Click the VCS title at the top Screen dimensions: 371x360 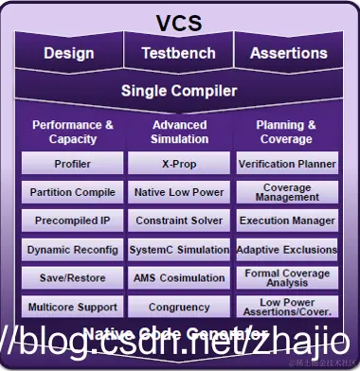coord(178,23)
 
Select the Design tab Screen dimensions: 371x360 coord(69,54)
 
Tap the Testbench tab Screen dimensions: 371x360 coord(178,54)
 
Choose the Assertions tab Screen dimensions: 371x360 coord(288,54)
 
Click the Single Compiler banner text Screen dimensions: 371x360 coord(178,92)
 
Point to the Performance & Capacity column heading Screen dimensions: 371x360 coord(72,132)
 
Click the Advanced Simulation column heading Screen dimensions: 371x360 coord(179,132)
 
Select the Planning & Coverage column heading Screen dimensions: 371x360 coord(285,132)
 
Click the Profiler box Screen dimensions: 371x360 coord(72,164)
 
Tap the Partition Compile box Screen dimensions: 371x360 coord(72,192)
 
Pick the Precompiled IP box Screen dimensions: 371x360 coord(72,221)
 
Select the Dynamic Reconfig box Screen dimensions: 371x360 coord(72,250)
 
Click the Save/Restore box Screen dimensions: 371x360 coord(72,278)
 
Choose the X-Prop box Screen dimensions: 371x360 coord(179,164)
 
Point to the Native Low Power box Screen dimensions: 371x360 coord(179,192)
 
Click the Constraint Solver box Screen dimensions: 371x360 coord(179,221)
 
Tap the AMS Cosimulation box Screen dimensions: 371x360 coord(179,278)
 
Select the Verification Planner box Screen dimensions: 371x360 coord(286,164)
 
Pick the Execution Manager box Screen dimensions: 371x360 coord(286,221)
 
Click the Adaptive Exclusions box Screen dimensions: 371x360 coord(286,250)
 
